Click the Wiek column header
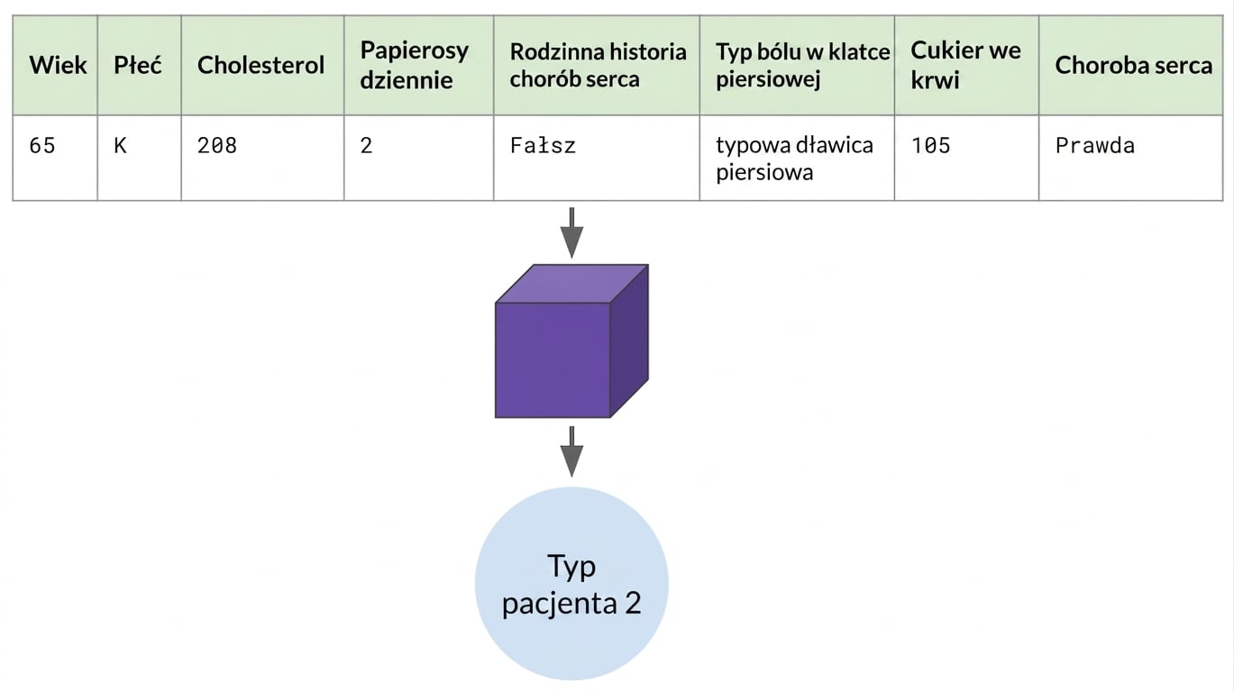click(x=58, y=65)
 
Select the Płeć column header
click(x=138, y=65)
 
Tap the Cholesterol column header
click(x=261, y=65)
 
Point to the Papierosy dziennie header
click(x=415, y=65)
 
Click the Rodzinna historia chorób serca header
click(x=598, y=65)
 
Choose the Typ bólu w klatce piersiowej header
click(x=802, y=65)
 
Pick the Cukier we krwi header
click(x=965, y=65)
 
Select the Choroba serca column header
click(x=1133, y=65)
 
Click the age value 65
click(x=42, y=145)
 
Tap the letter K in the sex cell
click(x=120, y=145)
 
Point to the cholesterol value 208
click(x=217, y=145)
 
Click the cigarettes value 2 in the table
click(x=366, y=145)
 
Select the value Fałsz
click(x=543, y=145)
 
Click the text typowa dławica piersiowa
click(x=794, y=159)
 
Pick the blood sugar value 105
click(x=930, y=145)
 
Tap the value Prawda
click(x=1094, y=145)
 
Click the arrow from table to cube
click(x=571, y=232)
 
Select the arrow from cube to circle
click(x=571, y=451)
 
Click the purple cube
click(x=571, y=341)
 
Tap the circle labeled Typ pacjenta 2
click(x=571, y=584)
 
